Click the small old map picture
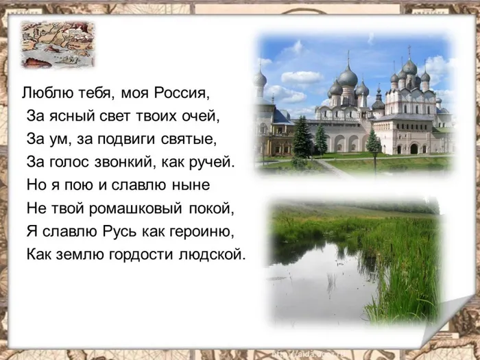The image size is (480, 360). click(x=58, y=44)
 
